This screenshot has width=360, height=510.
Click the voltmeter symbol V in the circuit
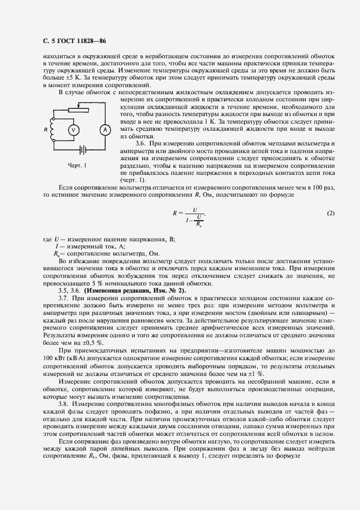(76, 129)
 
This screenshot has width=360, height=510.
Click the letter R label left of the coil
(46, 129)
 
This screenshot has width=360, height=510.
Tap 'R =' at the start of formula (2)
(176, 213)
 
